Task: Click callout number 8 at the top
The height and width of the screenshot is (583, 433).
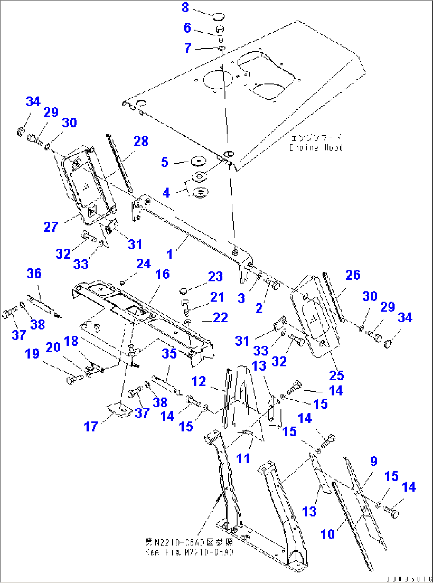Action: click(x=185, y=7)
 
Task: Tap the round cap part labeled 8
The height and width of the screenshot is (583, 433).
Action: click(x=218, y=17)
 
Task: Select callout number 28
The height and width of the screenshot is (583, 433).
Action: click(x=141, y=141)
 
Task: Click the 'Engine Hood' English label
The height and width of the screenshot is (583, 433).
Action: click(x=316, y=148)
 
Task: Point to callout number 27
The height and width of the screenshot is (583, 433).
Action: click(x=51, y=227)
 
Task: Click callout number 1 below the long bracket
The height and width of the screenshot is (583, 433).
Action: click(x=170, y=254)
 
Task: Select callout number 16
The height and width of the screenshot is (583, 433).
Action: click(x=162, y=274)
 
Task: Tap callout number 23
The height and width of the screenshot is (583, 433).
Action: click(x=215, y=276)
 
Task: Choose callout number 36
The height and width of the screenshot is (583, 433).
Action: click(x=34, y=273)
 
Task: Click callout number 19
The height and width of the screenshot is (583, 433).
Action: click(x=32, y=353)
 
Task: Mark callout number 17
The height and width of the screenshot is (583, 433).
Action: click(x=91, y=427)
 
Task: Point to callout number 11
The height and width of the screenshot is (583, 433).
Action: click(x=243, y=458)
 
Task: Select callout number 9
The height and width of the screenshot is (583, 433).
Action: click(x=373, y=461)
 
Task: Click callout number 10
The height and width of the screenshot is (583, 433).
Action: click(x=328, y=534)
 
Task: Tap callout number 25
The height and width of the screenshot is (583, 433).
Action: click(x=336, y=375)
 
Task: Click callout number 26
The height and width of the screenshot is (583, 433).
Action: click(x=353, y=275)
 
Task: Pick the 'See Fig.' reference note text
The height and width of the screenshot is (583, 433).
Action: click(x=189, y=552)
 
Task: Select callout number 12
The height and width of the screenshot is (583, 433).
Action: click(x=199, y=381)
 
